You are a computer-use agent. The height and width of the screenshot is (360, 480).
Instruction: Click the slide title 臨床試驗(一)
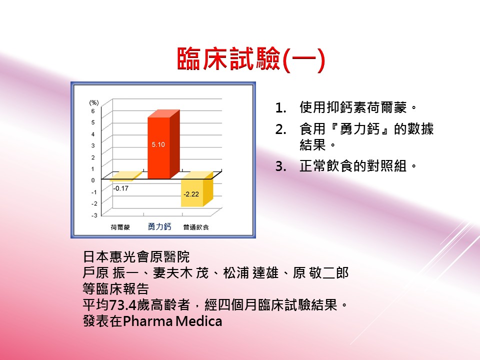coord(250,59)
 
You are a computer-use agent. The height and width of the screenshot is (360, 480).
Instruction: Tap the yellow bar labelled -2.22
coord(197,189)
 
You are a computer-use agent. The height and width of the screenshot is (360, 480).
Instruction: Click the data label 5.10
coord(158,144)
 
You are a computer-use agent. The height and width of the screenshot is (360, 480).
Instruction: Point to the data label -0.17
coord(120,188)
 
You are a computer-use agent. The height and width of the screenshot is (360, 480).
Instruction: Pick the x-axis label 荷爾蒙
coord(120,227)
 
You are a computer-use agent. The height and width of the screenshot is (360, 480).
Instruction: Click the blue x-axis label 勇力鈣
coord(159,226)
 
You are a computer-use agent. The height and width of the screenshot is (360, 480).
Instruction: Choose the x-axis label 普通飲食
coord(196,227)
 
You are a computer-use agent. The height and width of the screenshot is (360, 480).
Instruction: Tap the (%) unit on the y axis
coord(93,102)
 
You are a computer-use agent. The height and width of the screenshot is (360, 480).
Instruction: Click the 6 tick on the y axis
coord(93,111)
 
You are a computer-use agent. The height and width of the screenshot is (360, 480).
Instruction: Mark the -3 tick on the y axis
coord(94,215)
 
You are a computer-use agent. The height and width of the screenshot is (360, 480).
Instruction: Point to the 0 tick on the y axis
coord(93,180)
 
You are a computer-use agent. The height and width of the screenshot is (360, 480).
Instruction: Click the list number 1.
coord(280,108)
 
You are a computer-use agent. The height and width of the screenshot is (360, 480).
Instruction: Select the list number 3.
coord(280,166)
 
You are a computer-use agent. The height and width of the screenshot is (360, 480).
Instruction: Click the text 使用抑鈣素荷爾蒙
coord(353,107)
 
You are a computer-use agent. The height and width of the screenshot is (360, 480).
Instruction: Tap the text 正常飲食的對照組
coord(353,166)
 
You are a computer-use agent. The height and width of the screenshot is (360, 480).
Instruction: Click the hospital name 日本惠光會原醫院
coord(136,256)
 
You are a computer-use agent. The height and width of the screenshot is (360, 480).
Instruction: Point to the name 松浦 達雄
coord(250,273)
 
